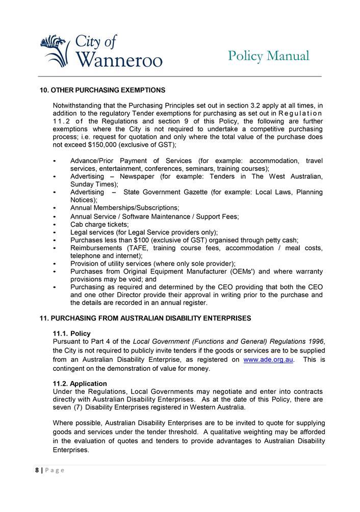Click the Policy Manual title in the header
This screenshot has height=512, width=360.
[268, 56]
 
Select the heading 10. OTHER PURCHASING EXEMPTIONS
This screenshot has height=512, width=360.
[102, 90]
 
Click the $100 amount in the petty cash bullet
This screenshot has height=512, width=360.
[141, 240]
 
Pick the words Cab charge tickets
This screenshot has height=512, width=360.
[99, 224]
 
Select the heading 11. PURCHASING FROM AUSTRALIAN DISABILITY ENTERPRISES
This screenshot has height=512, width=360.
[145, 318]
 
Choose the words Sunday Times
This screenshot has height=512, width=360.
[93, 184]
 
